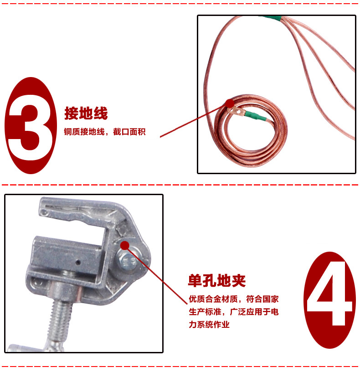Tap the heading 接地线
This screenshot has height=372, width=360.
pyautogui.click(x=86, y=113)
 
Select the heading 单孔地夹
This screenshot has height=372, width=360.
pyautogui.click(x=217, y=281)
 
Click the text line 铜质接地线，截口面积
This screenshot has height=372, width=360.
pyautogui.click(x=105, y=132)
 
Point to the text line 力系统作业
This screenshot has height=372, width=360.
pyautogui.click(x=209, y=324)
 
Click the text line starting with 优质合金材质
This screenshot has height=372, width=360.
pyautogui.click(x=234, y=299)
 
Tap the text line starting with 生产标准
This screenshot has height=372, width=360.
pyautogui.click(x=234, y=312)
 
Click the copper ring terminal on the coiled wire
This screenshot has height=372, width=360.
pyautogui.click(x=235, y=111)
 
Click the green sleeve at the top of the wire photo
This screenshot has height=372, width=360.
pyautogui.click(x=270, y=18)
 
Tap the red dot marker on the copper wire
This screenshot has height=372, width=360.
pyautogui.click(x=230, y=103)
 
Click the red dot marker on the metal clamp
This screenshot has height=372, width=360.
pyautogui.click(x=125, y=245)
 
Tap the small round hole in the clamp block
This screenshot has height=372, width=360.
pyautogui.click(x=78, y=262)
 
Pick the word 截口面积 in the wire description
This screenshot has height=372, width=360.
pyautogui.click(x=129, y=132)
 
